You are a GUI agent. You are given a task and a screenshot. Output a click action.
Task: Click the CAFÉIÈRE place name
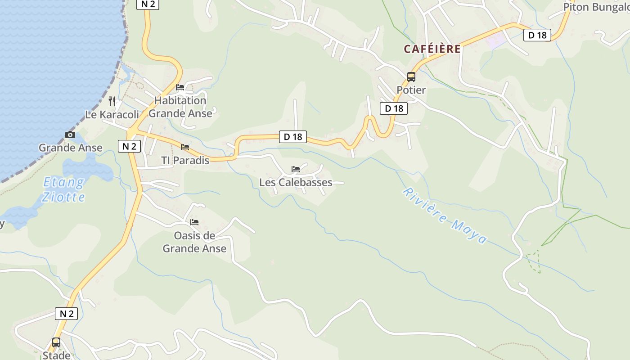(x=432, y=49)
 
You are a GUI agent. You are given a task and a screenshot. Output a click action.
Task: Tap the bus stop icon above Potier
(x=411, y=77)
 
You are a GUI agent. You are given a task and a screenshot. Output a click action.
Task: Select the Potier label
(x=411, y=90)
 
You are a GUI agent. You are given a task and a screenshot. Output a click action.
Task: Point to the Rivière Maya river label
(x=445, y=215)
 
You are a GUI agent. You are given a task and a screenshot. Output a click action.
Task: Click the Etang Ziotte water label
(x=63, y=189)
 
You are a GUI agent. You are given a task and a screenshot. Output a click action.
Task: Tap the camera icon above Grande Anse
(x=70, y=135)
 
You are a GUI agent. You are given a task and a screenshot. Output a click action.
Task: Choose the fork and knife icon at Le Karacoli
(x=112, y=101)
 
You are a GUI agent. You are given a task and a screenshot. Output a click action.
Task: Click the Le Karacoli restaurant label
(x=112, y=115)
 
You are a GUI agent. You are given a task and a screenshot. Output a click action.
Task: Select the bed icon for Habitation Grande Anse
(x=180, y=87)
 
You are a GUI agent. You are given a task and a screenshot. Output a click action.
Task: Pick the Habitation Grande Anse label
(x=180, y=107)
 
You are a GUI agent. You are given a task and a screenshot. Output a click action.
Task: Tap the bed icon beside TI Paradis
(x=185, y=147)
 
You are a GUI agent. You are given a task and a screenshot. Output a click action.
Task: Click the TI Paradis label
(x=185, y=160)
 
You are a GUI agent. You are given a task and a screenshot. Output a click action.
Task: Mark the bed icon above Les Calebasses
(x=296, y=169)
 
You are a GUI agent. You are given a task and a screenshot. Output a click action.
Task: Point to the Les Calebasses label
(x=296, y=182)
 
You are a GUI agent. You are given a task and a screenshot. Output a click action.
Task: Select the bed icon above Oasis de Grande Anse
(x=194, y=222)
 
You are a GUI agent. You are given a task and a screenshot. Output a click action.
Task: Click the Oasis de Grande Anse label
(x=194, y=242)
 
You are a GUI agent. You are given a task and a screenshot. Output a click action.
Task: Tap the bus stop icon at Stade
(x=56, y=342)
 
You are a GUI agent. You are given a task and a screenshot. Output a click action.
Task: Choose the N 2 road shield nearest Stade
(x=66, y=314)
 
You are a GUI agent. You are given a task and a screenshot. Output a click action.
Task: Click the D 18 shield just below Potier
(x=394, y=108)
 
